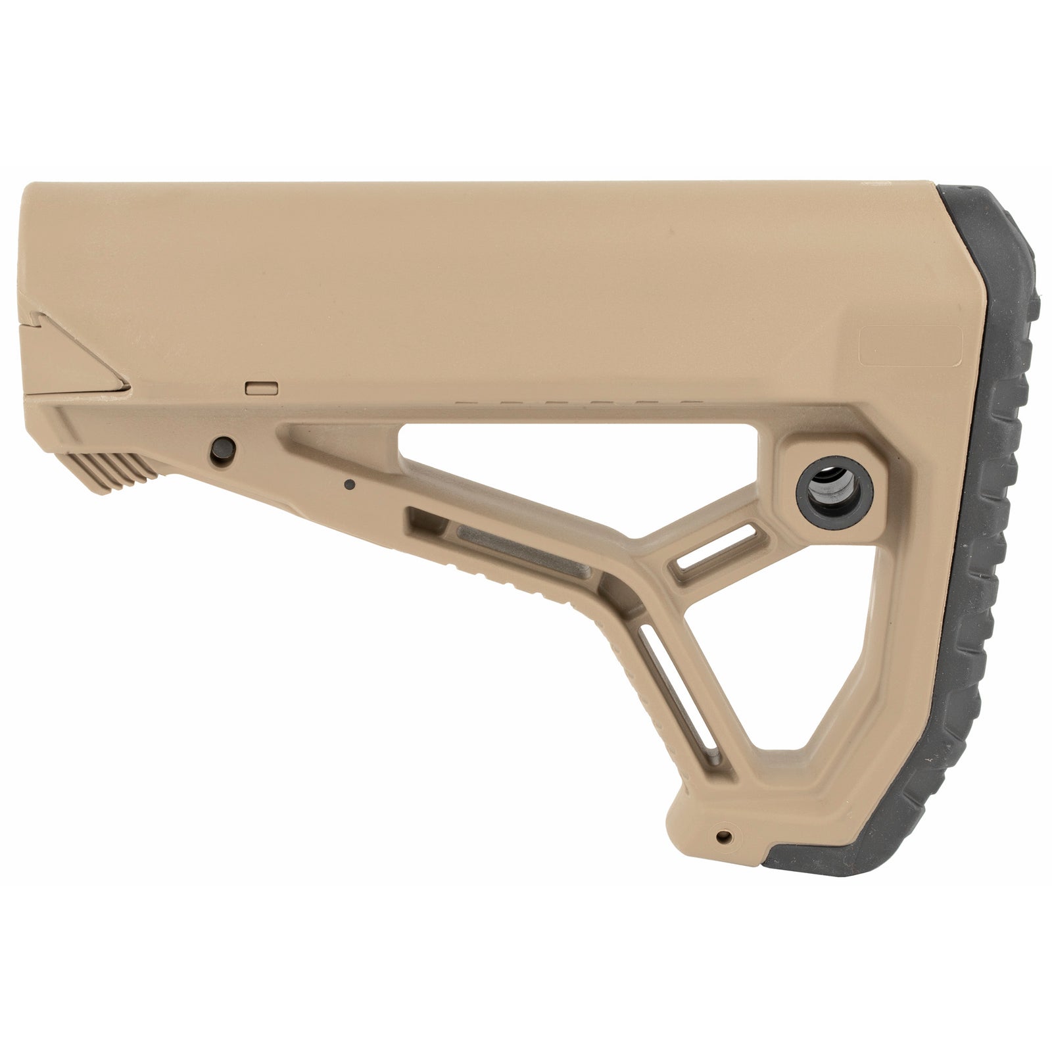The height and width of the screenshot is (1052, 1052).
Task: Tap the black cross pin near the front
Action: click(x=222, y=449)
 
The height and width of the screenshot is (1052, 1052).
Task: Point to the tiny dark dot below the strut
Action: click(x=350, y=485)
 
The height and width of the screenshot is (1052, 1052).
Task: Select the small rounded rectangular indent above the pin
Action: click(x=260, y=388)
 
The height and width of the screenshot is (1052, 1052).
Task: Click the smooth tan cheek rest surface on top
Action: click(x=460, y=263)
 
